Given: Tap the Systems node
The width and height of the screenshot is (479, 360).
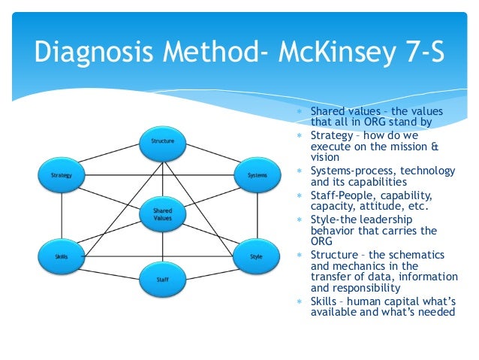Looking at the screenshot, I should click(257, 175).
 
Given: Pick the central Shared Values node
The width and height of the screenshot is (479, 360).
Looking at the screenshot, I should click(162, 215).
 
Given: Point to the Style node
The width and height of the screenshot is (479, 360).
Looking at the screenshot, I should click(257, 257).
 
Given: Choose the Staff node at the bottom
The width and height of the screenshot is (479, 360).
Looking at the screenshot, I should click(162, 280).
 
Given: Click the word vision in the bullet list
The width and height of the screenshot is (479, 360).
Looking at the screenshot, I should click(325, 158).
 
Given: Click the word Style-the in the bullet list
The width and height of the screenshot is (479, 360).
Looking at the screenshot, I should click(331, 219).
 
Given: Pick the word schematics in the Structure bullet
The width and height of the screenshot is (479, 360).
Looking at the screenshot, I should click(409, 254).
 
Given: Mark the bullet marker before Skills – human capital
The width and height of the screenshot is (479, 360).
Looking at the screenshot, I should click(298, 301).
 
